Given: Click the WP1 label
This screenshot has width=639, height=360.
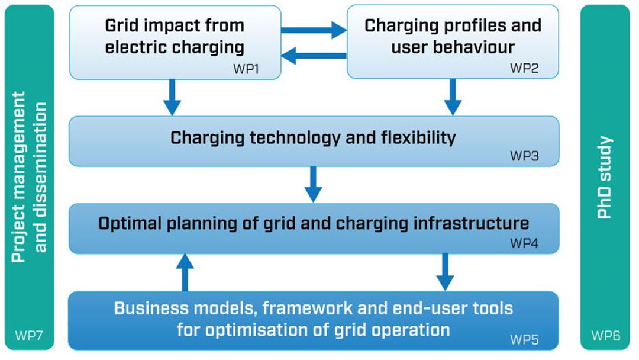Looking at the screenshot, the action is pos(246,69).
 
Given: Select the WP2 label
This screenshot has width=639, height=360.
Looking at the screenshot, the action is pos(524,68).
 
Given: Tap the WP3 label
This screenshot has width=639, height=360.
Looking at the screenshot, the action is pos(524,156).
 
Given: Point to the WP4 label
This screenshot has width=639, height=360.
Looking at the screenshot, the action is pos(524,243).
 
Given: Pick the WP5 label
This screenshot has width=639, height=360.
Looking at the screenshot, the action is pos(524,339).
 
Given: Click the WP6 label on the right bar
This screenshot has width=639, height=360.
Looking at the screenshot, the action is pos(606,336).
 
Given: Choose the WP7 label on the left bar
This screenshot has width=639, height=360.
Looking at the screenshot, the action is pos(28,336).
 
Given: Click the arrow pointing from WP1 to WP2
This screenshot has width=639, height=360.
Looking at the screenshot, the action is pos(314,30).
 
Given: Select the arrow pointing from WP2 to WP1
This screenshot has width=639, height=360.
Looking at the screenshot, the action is pos(314,56).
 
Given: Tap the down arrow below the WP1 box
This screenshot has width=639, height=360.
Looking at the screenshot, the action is pos(172,97).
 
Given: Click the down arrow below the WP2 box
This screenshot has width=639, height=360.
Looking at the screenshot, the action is pos(453,97).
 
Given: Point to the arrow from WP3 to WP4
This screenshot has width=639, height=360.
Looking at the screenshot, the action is pos(313,184).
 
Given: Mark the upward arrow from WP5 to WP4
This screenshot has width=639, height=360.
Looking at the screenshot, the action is pos(185,272).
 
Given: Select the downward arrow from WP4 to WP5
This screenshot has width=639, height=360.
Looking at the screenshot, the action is pos(445,272).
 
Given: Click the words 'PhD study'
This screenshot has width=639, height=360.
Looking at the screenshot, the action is pos(605,178).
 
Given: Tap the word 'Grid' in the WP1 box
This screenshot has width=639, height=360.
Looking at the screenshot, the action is pos(122,25).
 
